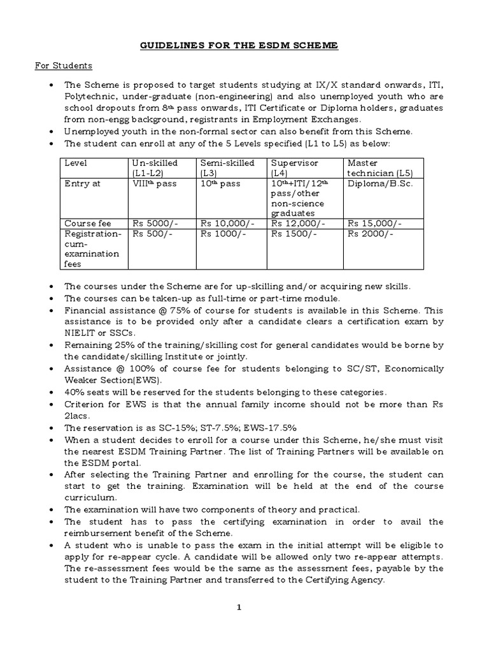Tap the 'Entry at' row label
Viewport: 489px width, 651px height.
[82, 184]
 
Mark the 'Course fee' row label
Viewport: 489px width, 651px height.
[88, 224]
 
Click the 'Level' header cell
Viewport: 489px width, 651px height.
[75, 163]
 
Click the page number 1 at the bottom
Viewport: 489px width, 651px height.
[239, 608]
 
